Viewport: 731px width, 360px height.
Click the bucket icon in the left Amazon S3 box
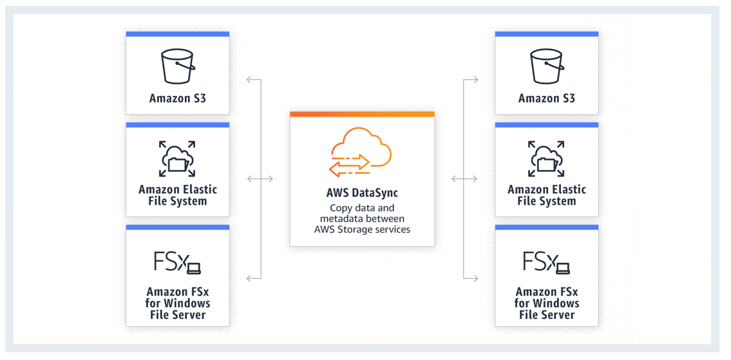coord(177,66)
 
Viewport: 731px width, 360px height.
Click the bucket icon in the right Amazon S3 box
coord(546,66)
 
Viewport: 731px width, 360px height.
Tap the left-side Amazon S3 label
coord(177,99)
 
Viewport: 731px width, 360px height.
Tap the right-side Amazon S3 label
coord(546,99)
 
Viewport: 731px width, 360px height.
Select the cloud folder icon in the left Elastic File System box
coord(177,158)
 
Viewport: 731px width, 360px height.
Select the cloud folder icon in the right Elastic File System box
coord(546,158)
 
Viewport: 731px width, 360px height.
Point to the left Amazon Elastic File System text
coord(177,195)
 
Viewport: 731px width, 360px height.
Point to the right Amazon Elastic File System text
coord(546,195)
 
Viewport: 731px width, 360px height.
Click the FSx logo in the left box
coord(177,263)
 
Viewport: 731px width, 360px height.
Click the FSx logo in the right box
coord(546,263)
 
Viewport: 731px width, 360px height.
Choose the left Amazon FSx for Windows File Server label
coord(177,303)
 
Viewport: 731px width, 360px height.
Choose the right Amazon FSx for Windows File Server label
coord(546,303)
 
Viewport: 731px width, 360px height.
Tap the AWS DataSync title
coord(362,193)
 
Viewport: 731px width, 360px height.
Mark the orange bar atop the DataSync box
coord(362,114)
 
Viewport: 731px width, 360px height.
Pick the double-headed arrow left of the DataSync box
coord(260,178)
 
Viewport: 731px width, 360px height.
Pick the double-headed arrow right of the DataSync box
coord(464,178)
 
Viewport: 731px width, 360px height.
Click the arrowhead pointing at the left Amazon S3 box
coord(249,81)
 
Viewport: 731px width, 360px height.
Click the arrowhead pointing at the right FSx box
coord(475,278)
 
